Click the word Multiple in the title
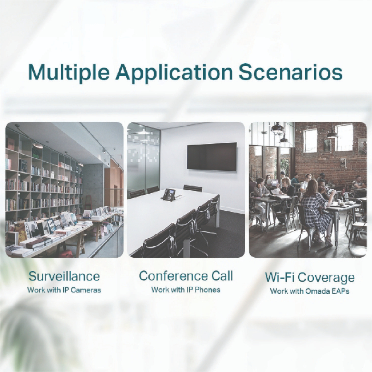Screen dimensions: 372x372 click(69, 72)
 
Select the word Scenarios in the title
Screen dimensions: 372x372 click(290, 72)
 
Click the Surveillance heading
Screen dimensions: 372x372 click(64, 276)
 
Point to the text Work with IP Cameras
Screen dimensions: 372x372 click(64, 290)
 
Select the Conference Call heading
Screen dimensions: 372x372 click(186, 276)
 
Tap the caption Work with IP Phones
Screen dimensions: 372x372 click(186, 290)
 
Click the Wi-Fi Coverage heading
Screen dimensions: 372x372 click(310, 278)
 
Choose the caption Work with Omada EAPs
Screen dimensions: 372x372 click(310, 291)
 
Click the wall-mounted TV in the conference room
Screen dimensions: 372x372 click(212, 157)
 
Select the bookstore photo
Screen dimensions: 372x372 click(64, 190)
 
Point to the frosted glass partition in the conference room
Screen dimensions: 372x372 click(143, 159)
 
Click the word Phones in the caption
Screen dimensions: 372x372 click(208, 290)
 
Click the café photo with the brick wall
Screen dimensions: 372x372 click(308, 190)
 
